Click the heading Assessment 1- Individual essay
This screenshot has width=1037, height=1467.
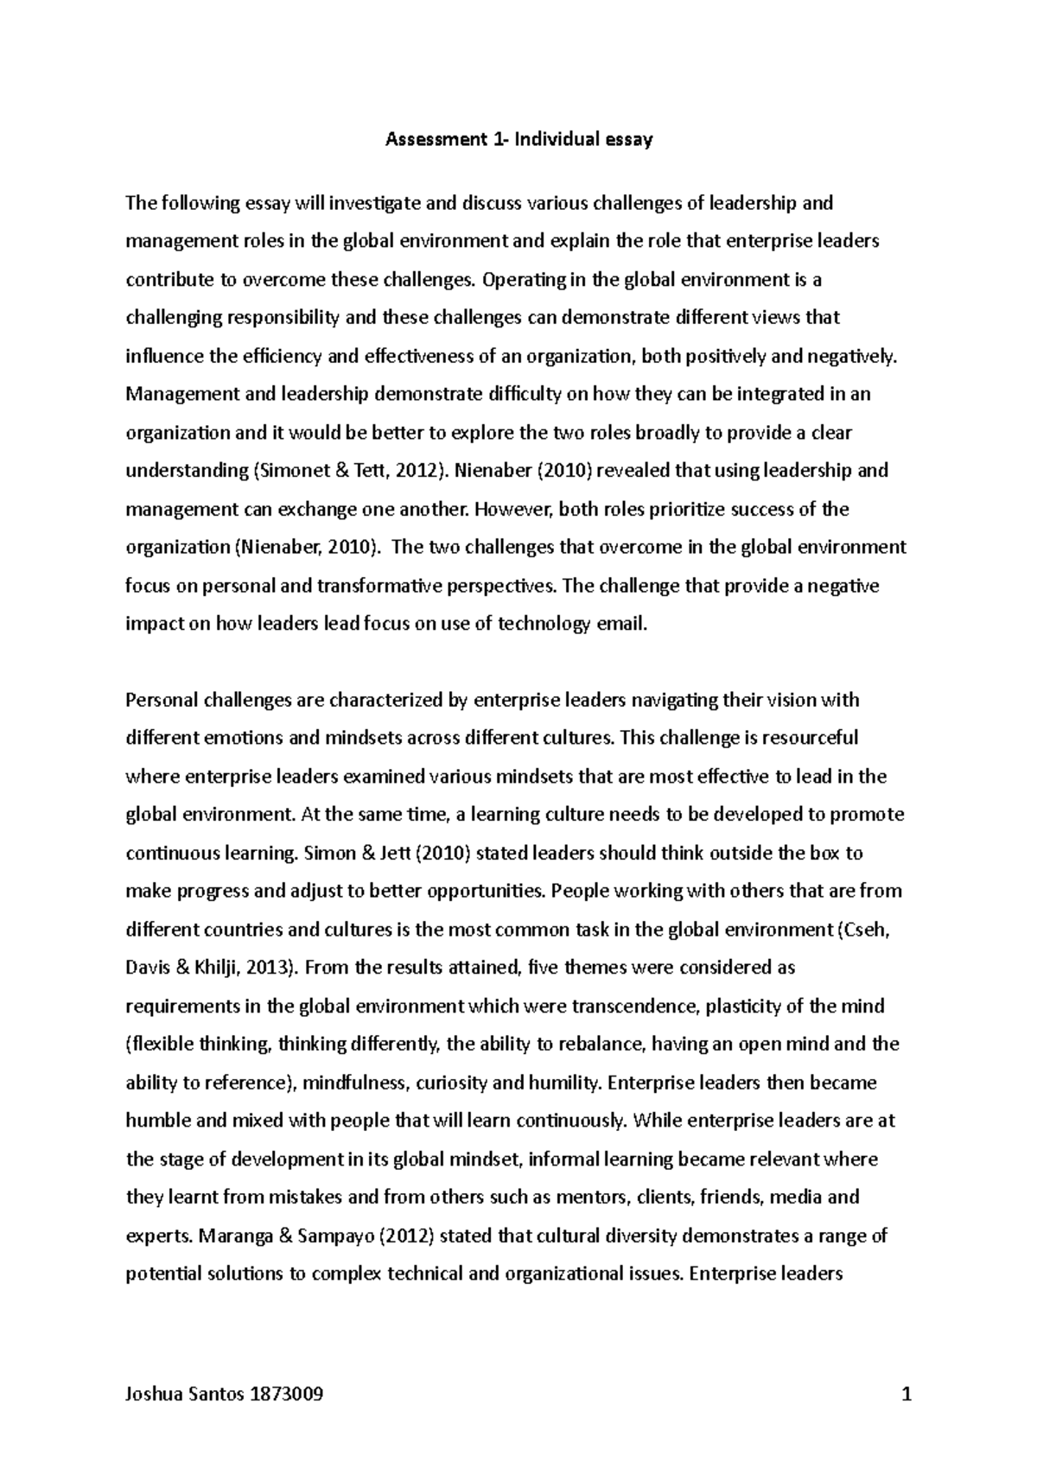518,139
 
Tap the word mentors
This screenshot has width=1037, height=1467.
590,1197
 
